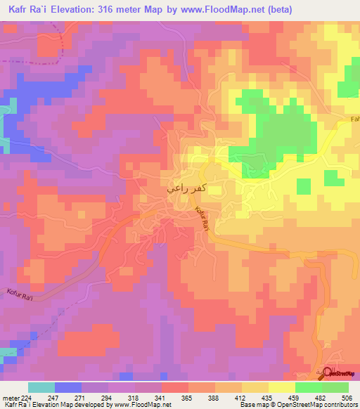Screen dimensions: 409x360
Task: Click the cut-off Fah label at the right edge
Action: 354,119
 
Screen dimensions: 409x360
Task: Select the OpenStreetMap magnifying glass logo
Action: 327,375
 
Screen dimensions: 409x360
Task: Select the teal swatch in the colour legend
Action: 41,387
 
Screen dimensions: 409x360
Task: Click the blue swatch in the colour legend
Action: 68,387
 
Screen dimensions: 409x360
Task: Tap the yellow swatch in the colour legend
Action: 282,387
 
